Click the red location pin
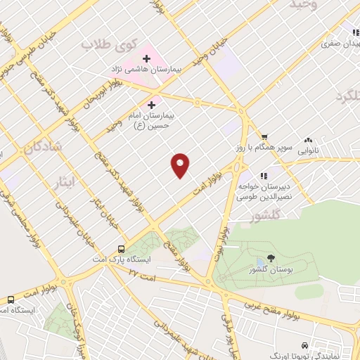tap(181, 165)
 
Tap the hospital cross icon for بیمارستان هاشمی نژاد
tap(146, 58)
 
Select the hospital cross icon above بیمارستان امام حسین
tap(151, 104)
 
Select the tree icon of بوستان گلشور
tap(271, 258)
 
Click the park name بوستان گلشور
tap(271, 271)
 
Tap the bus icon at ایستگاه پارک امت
tap(122, 249)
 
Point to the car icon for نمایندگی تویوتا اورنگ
tap(303, 346)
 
